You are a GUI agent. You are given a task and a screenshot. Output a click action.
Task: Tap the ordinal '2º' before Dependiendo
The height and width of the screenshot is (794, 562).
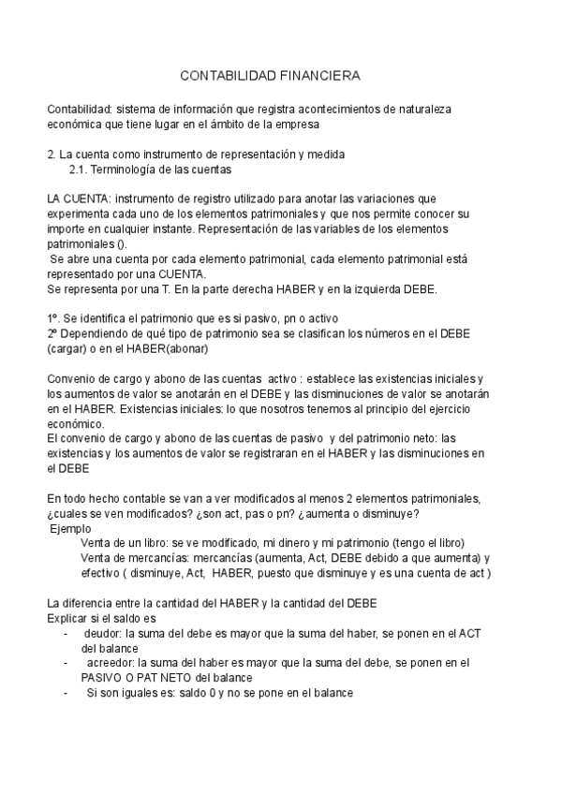coord(53,332)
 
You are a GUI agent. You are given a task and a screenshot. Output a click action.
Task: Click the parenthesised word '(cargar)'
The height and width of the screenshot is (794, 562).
coord(67,348)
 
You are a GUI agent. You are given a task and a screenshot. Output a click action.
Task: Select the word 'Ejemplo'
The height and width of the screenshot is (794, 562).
coord(71,528)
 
